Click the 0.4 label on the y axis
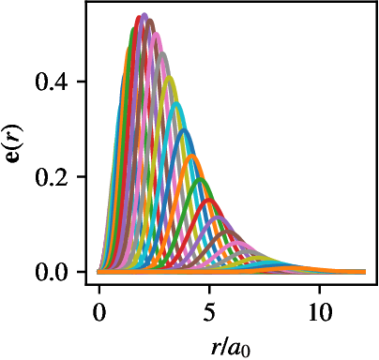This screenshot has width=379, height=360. [51, 82]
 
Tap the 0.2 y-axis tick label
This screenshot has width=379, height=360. [51, 177]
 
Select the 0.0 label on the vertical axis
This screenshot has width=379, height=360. [51, 272]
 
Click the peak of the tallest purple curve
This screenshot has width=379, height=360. [144, 15]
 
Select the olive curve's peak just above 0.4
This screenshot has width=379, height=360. [170, 78]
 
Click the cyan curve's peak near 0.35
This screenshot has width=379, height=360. [176, 103]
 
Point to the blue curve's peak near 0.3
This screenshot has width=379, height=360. [185, 130]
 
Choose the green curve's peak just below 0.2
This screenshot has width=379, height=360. [201, 180]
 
